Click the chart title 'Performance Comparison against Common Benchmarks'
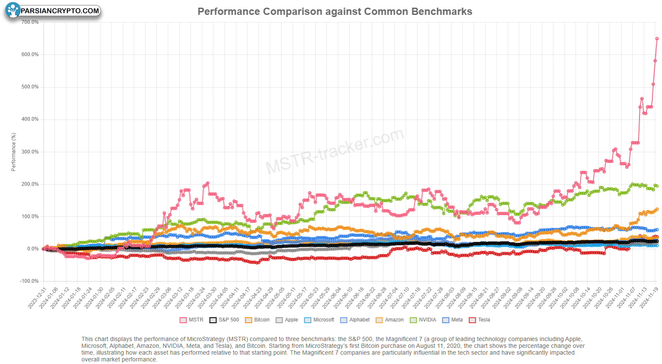[335, 11]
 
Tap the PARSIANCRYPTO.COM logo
[53, 11]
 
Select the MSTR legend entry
[192, 320]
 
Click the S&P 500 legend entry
[224, 320]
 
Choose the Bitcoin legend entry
[257, 320]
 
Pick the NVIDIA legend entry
[423, 320]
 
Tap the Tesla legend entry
[479, 320]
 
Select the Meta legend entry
[453, 320]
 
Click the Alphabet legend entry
[355, 320]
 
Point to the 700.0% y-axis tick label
[30, 22]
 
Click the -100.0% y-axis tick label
[29, 281]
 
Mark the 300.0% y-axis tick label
[30, 152]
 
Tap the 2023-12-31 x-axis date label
[37, 298]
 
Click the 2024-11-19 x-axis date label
[649, 298]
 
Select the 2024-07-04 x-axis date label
[388, 298]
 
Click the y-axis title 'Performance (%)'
[13, 152]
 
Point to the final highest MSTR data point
[657, 39]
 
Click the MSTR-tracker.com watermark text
[335, 151]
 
